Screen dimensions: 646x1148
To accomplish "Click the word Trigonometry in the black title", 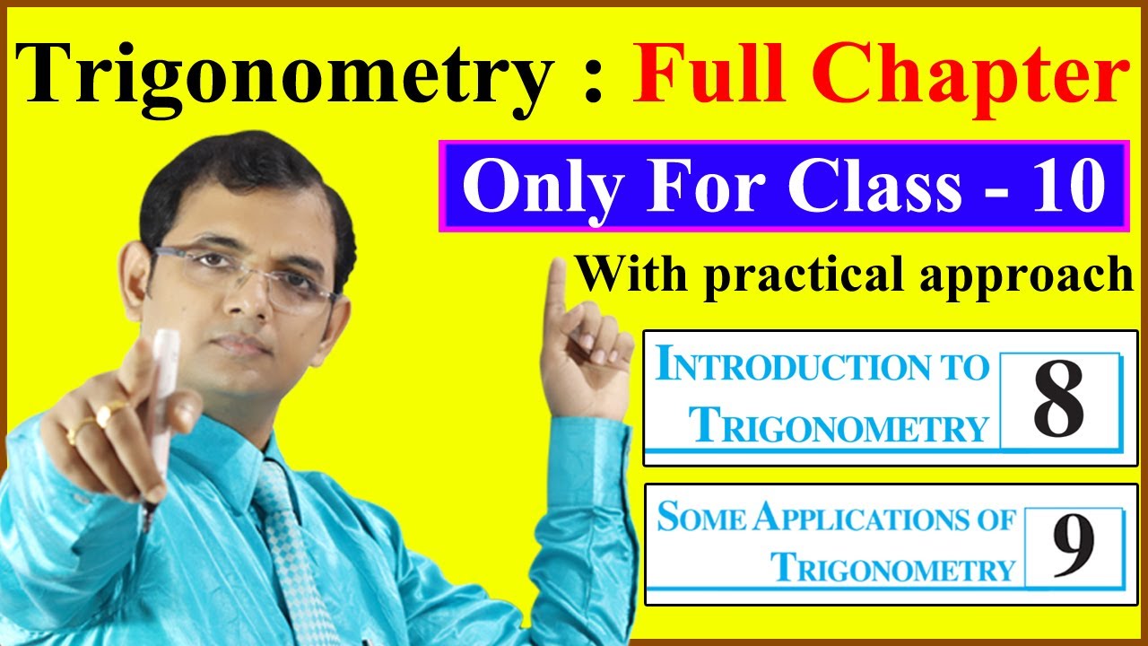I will click(278, 74).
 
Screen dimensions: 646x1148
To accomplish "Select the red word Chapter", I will click(973, 74).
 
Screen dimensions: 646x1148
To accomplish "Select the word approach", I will click(1035, 275).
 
